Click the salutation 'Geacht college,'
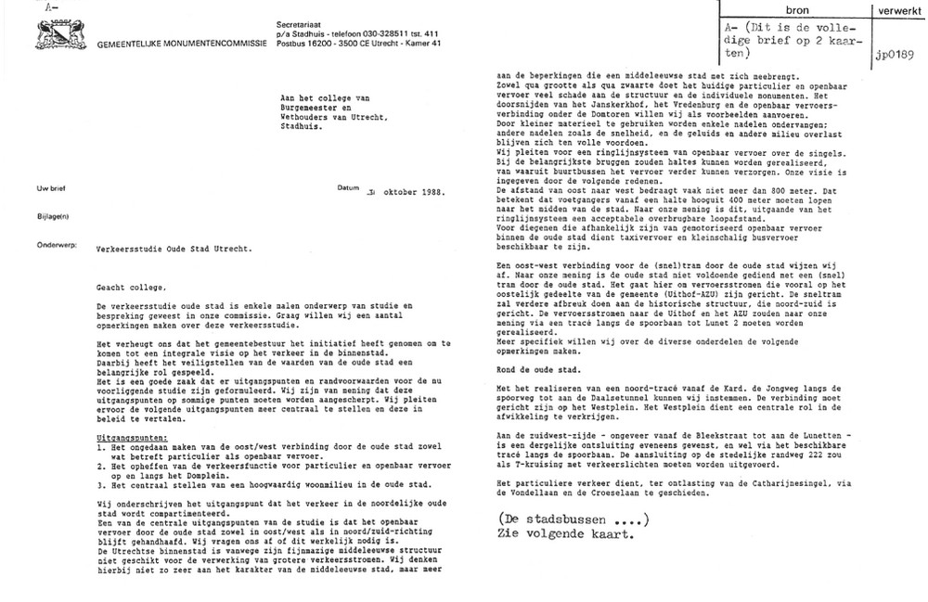click(131, 288)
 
